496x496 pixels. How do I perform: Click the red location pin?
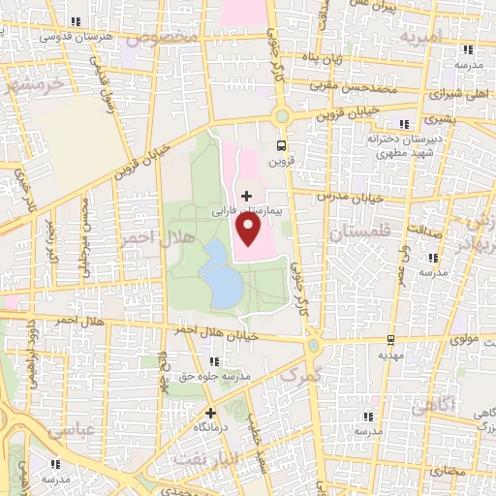(249, 229)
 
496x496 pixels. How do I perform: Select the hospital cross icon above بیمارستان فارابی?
(246, 195)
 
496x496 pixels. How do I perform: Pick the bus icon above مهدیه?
(389, 340)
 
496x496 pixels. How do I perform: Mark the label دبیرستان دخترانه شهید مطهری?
(404, 145)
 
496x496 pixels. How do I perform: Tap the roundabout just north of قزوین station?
(282, 117)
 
